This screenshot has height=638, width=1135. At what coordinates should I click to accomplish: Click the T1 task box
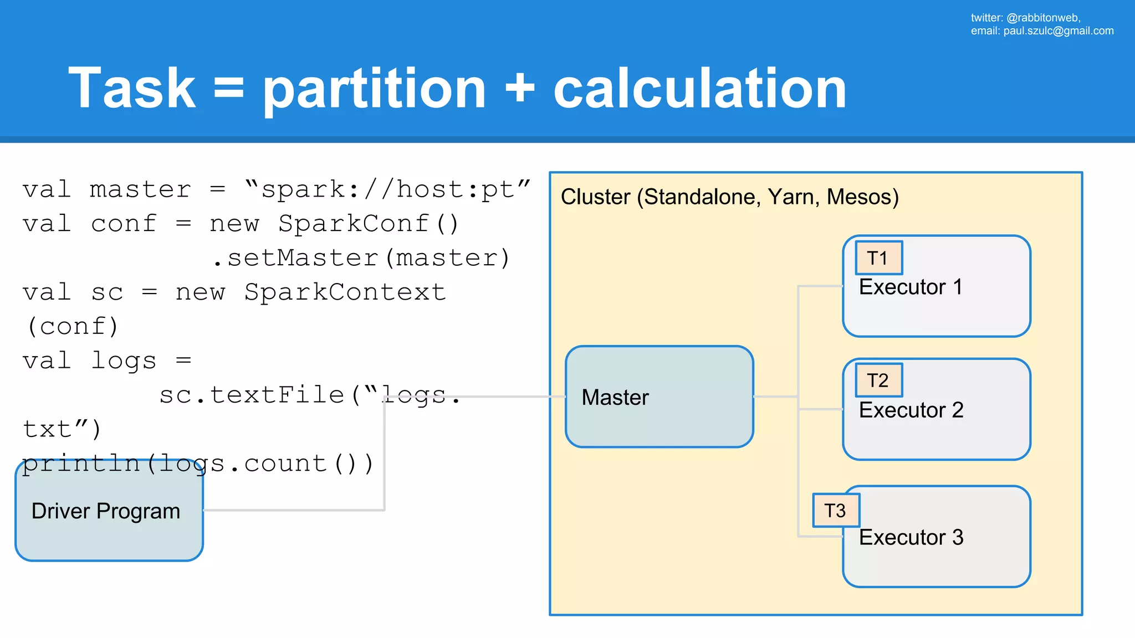(878, 258)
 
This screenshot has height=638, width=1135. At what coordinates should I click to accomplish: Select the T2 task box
(878, 380)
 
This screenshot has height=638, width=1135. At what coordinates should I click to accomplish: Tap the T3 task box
(836, 511)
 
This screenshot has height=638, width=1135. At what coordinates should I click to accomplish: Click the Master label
(615, 398)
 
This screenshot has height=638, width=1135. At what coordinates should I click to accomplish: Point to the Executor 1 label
(910, 287)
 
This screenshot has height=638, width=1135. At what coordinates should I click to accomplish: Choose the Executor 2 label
(911, 410)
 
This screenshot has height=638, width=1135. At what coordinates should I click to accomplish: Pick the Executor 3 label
(911, 538)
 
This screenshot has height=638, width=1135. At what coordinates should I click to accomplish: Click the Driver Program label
(106, 511)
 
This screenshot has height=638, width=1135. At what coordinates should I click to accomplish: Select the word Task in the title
(132, 89)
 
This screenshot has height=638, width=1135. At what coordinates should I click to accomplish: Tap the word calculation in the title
(699, 89)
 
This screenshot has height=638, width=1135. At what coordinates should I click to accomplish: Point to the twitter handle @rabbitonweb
(1042, 18)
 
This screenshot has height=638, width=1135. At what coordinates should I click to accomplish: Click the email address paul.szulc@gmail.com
(1058, 31)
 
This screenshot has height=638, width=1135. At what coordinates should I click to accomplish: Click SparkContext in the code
(345, 292)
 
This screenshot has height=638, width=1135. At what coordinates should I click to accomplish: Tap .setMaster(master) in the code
(361, 258)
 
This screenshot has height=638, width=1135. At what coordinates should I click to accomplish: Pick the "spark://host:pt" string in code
(387, 190)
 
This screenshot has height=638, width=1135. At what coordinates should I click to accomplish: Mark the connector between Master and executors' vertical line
(776, 397)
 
